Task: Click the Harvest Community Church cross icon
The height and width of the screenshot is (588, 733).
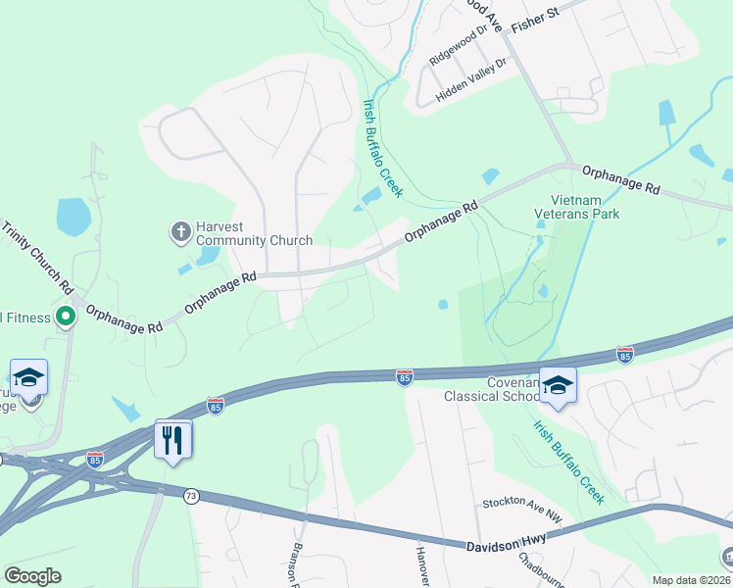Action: tap(180, 232)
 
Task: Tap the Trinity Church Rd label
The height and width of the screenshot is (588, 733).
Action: tap(37, 258)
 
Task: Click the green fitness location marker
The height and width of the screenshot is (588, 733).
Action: tap(66, 316)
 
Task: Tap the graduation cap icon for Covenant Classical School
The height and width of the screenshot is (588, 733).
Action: tap(558, 385)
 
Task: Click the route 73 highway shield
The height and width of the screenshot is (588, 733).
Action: tap(190, 497)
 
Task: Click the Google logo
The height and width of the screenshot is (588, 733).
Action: tap(33, 575)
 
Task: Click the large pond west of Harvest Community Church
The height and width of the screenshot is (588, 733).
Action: tap(73, 217)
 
